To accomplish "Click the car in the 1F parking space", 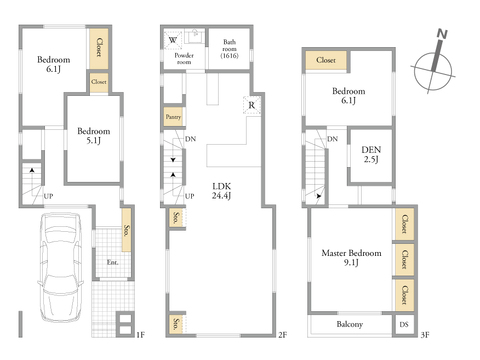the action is click(x=60, y=268).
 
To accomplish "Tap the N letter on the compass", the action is click(x=442, y=34).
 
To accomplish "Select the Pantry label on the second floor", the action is click(x=173, y=117).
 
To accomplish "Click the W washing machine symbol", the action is click(x=173, y=40).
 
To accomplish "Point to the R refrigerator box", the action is click(x=252, y=105).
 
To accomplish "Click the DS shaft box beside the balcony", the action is click(x=404, y=324).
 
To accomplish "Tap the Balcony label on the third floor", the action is click(x=349, y=324).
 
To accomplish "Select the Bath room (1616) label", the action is click(x=229, y=49).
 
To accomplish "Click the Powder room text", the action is click(x=184, y=59).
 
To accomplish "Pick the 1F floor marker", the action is click(x=140, y=334).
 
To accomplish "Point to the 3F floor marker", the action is click(x=425, y=334).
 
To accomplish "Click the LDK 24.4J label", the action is click(x=221, y=191).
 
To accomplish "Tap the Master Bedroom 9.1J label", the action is click(x=351, y=258).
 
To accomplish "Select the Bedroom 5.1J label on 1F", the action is click(x=94, y=136).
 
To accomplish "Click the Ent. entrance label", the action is click(x=112, y=262).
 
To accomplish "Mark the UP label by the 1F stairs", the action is click(x=48, y=196).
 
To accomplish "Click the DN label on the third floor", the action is click(x=332, y=139).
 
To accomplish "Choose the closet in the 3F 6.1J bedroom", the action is click(x=326, y=60).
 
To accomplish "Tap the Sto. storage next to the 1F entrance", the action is click(x=126, y=230).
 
